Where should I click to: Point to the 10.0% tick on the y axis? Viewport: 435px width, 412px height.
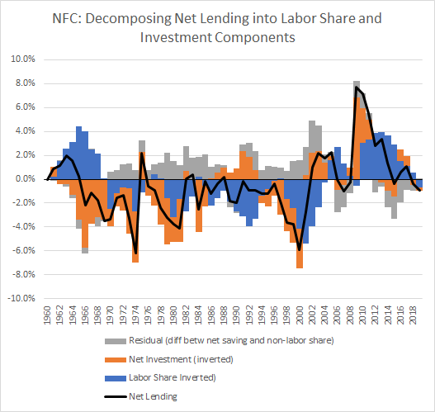pyautogui.click(x=23, y=59)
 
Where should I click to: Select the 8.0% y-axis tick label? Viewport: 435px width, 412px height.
pyautogui.click(x=25, y=83)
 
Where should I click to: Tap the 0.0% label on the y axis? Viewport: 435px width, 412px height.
pyautogui.click(x=25, y=178)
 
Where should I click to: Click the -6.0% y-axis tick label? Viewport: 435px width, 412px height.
pyautogui.click(x=23, y=250)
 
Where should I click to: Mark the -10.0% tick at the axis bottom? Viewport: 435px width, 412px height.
pyautogui.click(x=21, y=298)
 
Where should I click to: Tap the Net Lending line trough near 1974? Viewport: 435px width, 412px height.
pyautogui.click(x=136, y=252)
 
